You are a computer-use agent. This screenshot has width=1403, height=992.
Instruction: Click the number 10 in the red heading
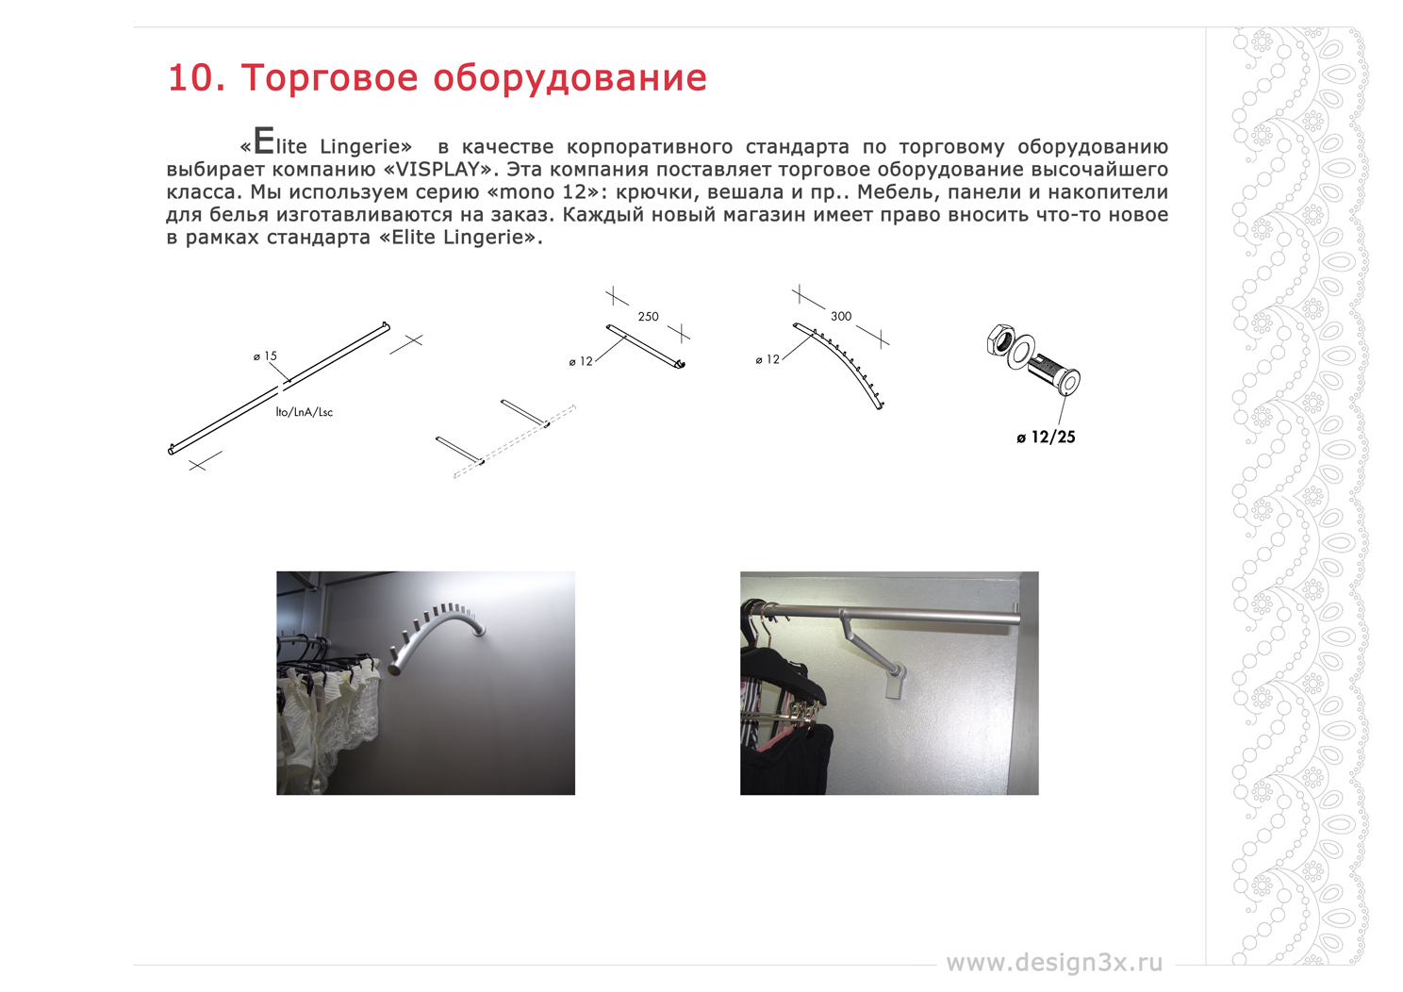tap(190, 78)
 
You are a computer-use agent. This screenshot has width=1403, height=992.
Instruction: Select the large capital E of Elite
tap(264, 141)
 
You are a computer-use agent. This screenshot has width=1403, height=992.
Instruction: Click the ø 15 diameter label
tap(265, 356)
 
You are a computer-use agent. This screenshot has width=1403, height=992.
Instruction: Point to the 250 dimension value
tap(649, 317)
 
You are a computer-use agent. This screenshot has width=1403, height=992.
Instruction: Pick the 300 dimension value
tap(841, 316)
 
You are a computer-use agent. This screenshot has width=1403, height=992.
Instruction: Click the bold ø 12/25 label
tap(1046, 438)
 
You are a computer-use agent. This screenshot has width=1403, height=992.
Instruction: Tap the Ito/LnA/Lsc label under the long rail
tap(305, 412)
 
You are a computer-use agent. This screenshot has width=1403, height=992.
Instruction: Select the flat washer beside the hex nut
tap(1020, 352)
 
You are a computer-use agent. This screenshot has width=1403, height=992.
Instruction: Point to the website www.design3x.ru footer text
tap(1054, 963)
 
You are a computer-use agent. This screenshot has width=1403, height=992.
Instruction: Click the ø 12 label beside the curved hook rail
tap(768, 359)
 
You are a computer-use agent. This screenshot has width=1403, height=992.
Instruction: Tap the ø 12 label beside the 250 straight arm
tap(581, 361)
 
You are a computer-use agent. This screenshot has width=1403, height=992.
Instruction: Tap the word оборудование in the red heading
tap(569, 79)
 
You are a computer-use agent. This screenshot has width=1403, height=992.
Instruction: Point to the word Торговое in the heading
tap(329, 79)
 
